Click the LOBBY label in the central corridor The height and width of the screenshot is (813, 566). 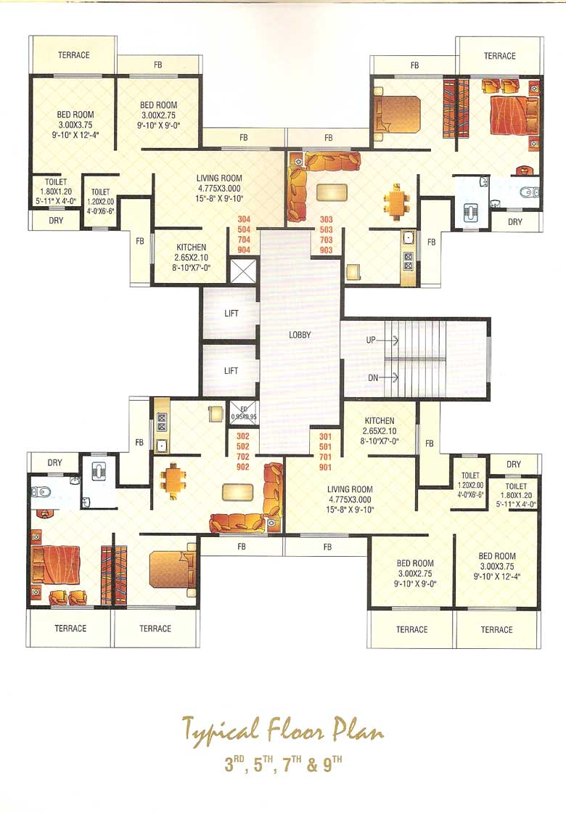pos(300,335)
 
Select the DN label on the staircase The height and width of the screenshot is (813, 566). pos(373,377)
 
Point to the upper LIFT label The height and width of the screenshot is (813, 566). pos(231,314)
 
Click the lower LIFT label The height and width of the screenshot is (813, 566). pos(231,371)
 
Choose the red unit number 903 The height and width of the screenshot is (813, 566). pos(326,250)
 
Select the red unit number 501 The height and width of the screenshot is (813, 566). pos(326,446)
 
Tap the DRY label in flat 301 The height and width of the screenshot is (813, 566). pos(514,465)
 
